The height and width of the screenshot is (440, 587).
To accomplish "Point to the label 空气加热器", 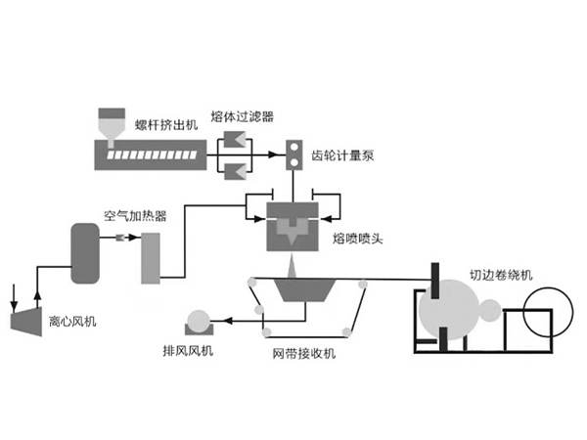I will tap(132, 213).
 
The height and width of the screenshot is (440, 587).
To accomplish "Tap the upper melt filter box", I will tap(234, 142).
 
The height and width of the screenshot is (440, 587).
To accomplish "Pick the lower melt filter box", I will tap(234, 172).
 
